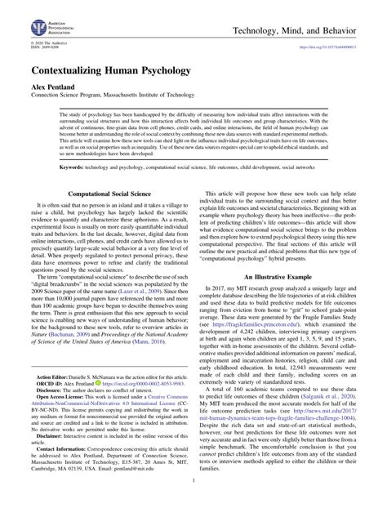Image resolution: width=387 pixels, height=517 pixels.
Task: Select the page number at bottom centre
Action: click(193, 507)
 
